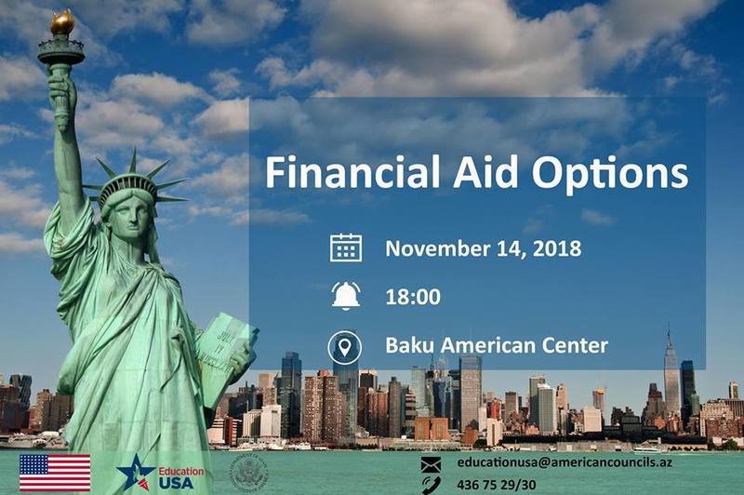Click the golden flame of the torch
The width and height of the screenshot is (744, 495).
tap(62, 22)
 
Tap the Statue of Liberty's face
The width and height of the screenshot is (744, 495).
tap(128, 217)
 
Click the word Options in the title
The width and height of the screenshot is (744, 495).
tap(610, 174)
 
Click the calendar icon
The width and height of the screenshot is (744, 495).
tap(346, 248)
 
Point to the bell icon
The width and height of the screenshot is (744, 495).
tap(346, 296)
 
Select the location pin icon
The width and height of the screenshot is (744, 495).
tap(344, 347)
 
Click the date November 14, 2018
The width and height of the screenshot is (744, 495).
tap(483, 248)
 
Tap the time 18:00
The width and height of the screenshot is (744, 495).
tap(413, 297)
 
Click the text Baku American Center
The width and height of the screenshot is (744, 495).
tap(497, 345)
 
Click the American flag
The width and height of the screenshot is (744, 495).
tap(55, 473)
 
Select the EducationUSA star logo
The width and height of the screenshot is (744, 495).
tap(136, 473)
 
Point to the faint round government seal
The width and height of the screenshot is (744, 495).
tap(249, 474)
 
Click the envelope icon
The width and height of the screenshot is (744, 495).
tap(431, 464)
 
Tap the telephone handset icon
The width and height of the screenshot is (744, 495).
tap(431, 485)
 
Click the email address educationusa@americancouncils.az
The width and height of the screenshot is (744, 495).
tap(565, 462)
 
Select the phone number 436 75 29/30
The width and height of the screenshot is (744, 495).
tap(497, 485)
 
